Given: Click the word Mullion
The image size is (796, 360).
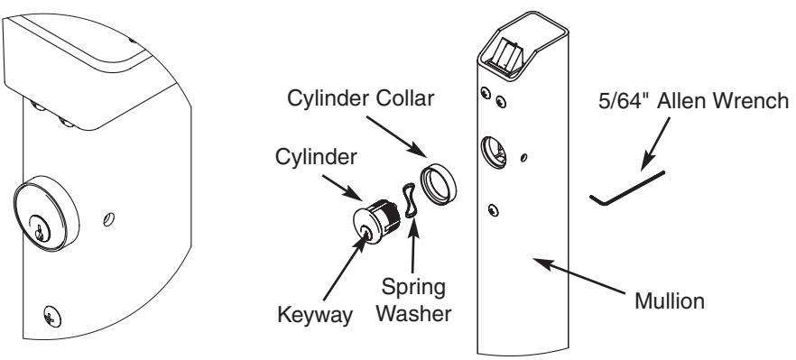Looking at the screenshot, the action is coord(670,301).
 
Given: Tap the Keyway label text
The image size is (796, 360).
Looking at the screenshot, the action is coord(315,315).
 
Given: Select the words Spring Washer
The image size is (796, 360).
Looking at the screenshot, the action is coord(413,300).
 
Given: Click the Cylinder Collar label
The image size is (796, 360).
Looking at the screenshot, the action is coord(360,98).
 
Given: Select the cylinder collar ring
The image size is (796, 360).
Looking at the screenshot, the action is coord(438,184).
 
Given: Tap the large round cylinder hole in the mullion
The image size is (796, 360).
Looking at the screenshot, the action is coord(494,152).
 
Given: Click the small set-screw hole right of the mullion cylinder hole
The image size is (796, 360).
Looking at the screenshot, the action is coord(523,157).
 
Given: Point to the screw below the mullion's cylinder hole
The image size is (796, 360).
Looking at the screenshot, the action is coord(493,209).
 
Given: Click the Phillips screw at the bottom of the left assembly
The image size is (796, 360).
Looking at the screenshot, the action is coord(52,317).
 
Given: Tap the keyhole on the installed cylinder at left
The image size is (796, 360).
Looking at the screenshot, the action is coord(39,229).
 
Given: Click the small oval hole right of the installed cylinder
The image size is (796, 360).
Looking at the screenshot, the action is coord(108,219).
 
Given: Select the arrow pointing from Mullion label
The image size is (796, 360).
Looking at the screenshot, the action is coord(578,276).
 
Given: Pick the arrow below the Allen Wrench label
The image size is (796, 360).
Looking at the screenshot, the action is coord(655,144).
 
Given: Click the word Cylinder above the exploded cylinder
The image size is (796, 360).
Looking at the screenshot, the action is coord(316,157).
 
